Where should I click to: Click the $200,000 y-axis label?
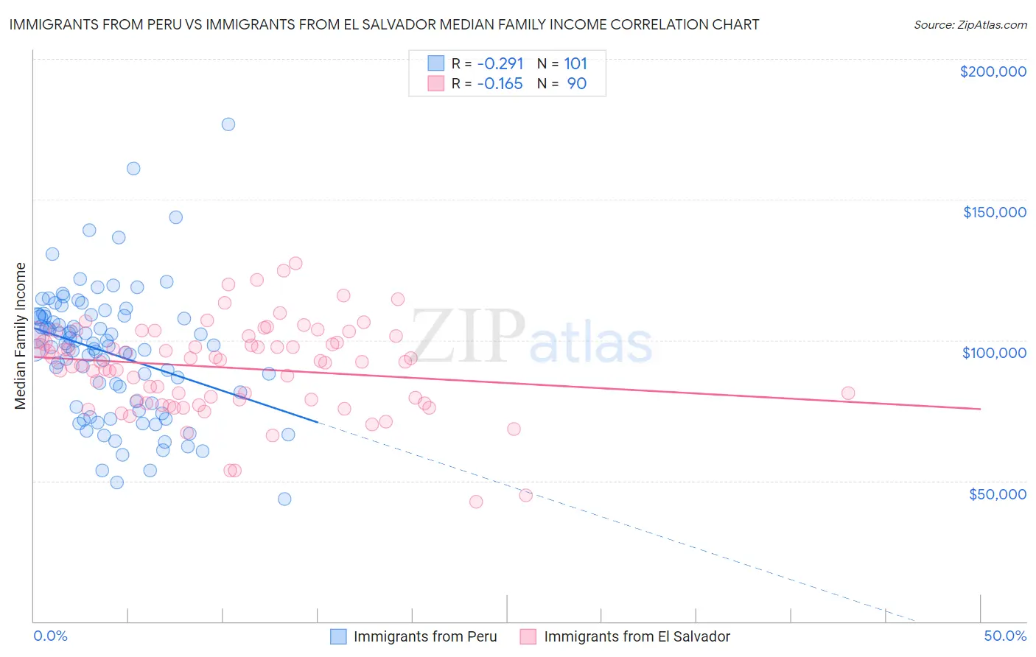click(993, 71)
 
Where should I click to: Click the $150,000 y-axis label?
click(994, 212)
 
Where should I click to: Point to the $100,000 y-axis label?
click(994, 353)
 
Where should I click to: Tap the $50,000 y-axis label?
click(997, 493)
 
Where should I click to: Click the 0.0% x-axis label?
click(50, 636)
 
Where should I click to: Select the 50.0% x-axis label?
click(1005, 636)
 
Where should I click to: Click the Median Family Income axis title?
click(21, 336)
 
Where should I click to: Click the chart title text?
click(384, 24)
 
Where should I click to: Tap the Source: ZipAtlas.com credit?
click(970, 24)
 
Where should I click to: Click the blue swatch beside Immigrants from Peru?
click(338, 636)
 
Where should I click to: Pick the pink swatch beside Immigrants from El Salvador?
click(528, 636)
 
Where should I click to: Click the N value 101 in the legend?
click(575, 64)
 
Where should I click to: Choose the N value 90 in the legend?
click(576, 84)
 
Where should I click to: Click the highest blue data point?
click(228, 124)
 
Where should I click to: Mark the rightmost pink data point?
click(848, 393)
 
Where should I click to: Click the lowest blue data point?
click(284, 499)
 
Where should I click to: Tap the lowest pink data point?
click(476, 502)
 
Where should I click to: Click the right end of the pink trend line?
click(980, 409)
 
